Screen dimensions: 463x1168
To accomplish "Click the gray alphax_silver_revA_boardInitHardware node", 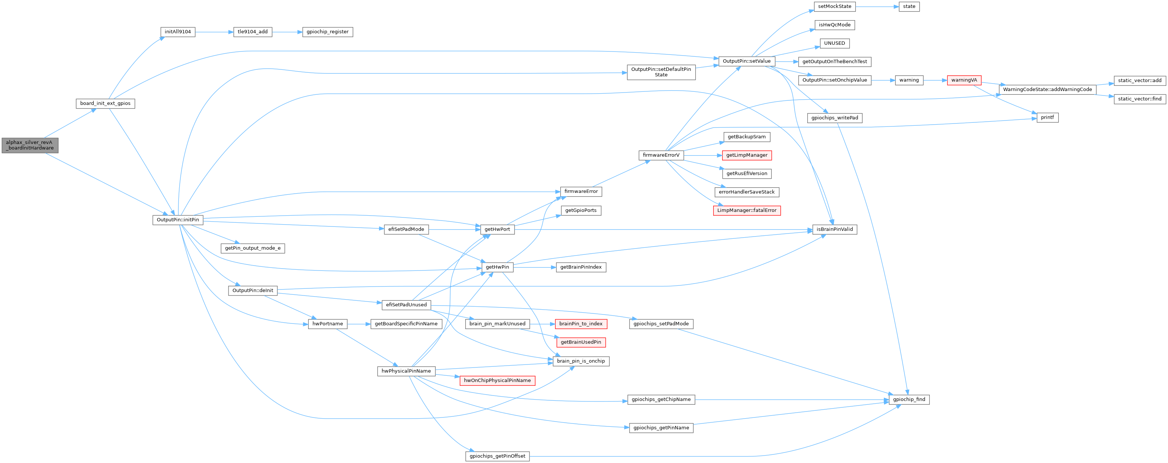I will pos(30,145).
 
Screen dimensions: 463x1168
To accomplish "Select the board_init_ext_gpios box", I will pos(105,103).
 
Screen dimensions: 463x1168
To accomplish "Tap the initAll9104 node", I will pos(178,32).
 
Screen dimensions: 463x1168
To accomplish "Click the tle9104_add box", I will pos(252,32).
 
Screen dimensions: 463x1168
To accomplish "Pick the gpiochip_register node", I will pos(327,32).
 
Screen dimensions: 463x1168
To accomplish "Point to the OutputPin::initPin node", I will pos(178,220).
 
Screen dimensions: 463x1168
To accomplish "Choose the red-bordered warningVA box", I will pos(964,80).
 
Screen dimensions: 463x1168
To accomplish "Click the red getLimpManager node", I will pos(747,155).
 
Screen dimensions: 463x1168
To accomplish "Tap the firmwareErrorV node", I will pos(661,155).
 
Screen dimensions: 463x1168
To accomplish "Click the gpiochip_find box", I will pos(909,400).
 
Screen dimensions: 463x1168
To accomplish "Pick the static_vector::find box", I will pos(1140,99).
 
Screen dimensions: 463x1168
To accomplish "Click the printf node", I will pos(1047,117).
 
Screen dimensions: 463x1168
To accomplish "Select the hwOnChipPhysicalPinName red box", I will pos(497,381).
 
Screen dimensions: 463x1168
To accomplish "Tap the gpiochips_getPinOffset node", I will pos(497,456).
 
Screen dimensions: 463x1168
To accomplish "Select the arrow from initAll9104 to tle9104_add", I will pos(214,32).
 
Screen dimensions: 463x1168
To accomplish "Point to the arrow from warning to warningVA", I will pos(935,80).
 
